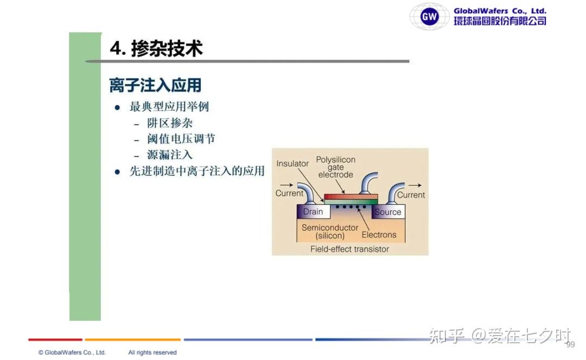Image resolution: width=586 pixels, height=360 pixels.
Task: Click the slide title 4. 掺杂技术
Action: (x=156, y=49)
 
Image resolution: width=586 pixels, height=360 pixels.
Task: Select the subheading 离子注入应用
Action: (x=155, y=85)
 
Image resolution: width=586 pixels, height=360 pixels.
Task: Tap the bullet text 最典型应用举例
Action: (x=169, y=107)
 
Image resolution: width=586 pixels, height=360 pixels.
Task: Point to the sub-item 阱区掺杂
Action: (x=170, y=123)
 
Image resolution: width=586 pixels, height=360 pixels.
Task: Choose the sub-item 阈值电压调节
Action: (x=181, y=139)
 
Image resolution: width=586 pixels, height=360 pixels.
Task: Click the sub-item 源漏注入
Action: (x=170, y=155)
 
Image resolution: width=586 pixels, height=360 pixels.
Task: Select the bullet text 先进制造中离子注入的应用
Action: (x=197, y=171)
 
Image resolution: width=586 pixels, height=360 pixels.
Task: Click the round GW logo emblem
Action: (x=429, y=16)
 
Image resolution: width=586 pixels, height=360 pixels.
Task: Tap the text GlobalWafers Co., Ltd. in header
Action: (x=500, y=11)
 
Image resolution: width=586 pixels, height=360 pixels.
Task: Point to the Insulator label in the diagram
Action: (x=292, y=164)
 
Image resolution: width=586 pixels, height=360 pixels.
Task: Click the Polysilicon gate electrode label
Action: (x=336, y=167)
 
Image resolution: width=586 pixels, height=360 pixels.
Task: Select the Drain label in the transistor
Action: (x=313, y=212)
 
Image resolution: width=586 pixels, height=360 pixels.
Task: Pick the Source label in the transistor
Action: (x=387, y=212)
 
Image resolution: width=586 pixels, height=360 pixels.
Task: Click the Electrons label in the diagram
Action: (x=379, y=235)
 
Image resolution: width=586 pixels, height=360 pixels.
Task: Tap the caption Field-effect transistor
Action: (x=349, y=249)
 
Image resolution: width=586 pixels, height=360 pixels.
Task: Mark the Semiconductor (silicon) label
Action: (x=330, y=232)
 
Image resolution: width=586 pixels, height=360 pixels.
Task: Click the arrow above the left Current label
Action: (x=286, y=185)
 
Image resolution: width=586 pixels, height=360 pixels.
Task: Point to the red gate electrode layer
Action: (x=351, y=196)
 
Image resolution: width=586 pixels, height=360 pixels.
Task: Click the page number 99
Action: (x=570, y=345)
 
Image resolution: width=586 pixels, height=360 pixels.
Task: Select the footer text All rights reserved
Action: (x=152, y=352)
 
